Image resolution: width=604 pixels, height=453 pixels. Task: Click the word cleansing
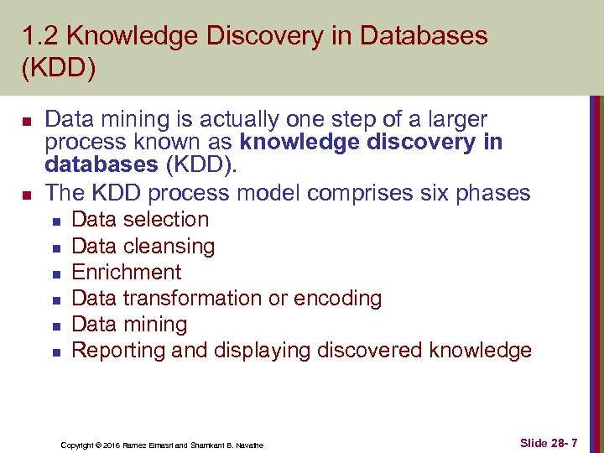tap(169, 247)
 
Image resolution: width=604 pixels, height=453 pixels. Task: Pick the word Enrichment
tap(127, 272)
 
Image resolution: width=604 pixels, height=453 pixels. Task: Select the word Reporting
tap(118, 351)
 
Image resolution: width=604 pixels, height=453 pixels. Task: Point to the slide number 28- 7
tap(574, 441)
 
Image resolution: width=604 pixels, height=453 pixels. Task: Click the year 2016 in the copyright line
tap(112, 445)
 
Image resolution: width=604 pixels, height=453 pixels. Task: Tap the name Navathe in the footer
tap(248, 445)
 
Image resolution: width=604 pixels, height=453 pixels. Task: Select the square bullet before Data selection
tap(55, 221)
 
